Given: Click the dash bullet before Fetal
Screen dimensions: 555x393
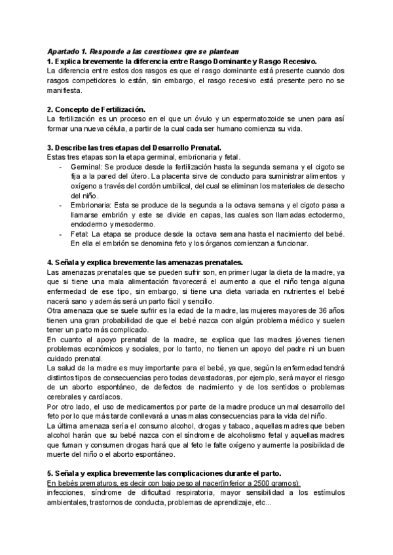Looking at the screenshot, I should pos(61,234).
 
